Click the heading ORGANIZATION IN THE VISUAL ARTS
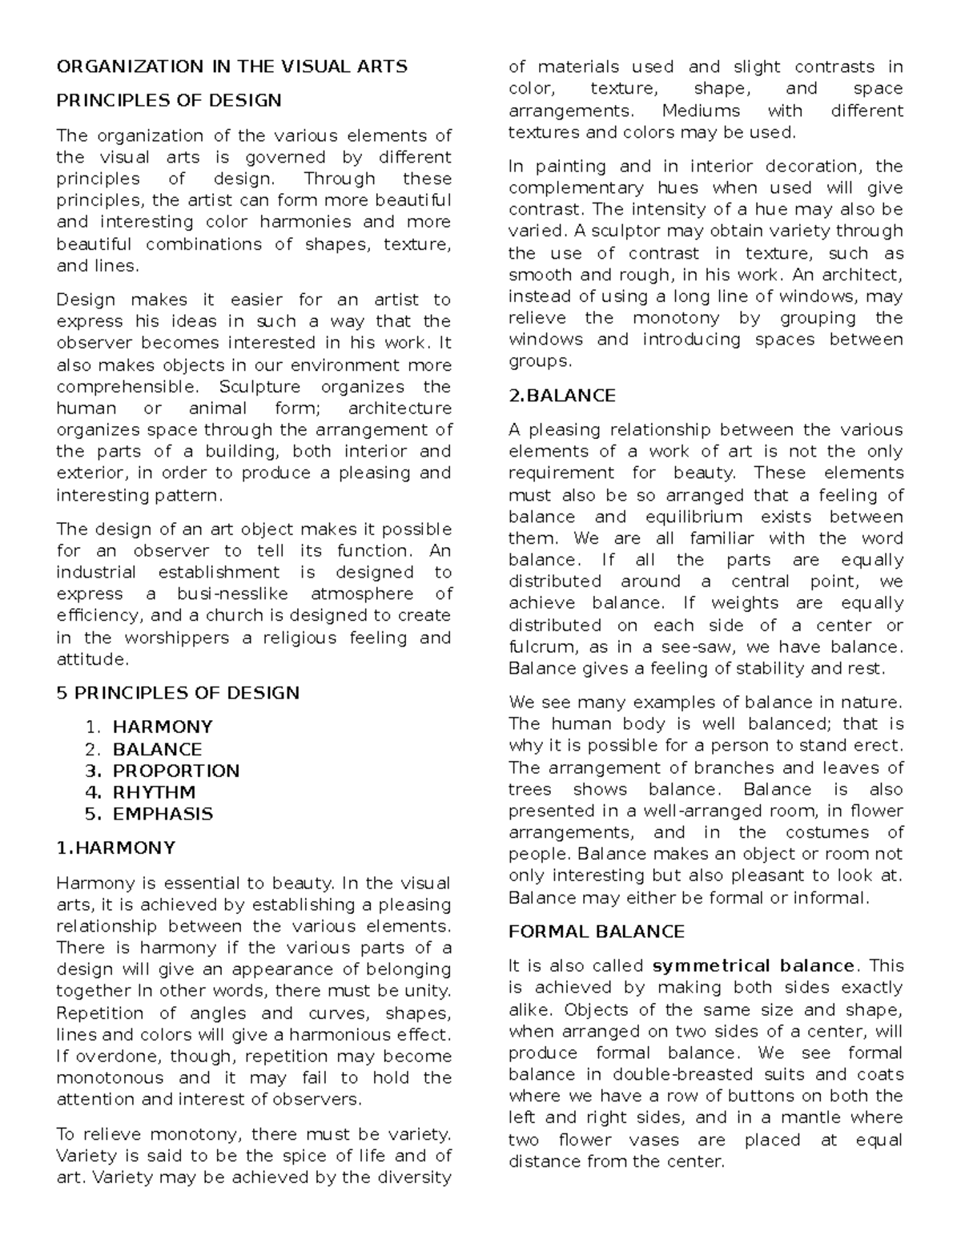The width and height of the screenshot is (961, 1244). (x=231, y=66)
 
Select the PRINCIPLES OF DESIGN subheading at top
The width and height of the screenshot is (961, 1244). (x=169, y=101)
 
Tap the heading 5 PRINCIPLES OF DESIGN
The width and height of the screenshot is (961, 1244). (x=178, y=693)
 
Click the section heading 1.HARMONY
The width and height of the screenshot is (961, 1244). (x=115, y=848)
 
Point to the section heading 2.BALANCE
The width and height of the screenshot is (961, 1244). (x=562, y=396)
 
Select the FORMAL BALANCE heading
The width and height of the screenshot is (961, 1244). (x=597, y=932)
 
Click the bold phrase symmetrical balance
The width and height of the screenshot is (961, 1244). (x=754, y=966)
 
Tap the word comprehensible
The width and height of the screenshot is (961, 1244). (x=126, y=387)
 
